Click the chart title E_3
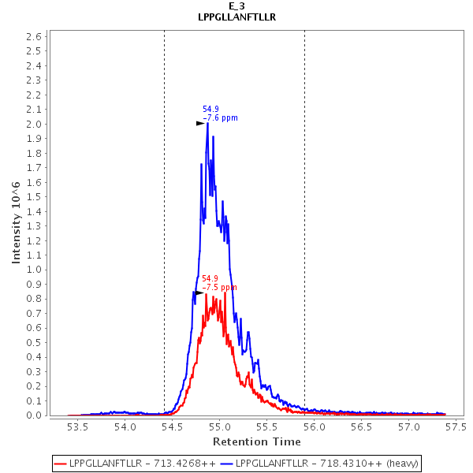click(x=236, y=6)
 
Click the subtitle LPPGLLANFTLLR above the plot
click(x=236, y=17)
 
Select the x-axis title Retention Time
click(x=257, y=441)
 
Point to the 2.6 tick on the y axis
click(x=35, y=36)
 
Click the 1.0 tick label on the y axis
click(x=35, y=269)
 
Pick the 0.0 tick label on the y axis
click(x=35, y=415)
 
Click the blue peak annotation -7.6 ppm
click(x=220, y=118)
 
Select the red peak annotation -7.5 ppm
click(x=219, y=288)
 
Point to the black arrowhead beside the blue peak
click(x=201, y=123)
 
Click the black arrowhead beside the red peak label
click(x=199, y=292)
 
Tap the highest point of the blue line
click(x=207, y=123)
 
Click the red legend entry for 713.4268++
click(x=134, y=463)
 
